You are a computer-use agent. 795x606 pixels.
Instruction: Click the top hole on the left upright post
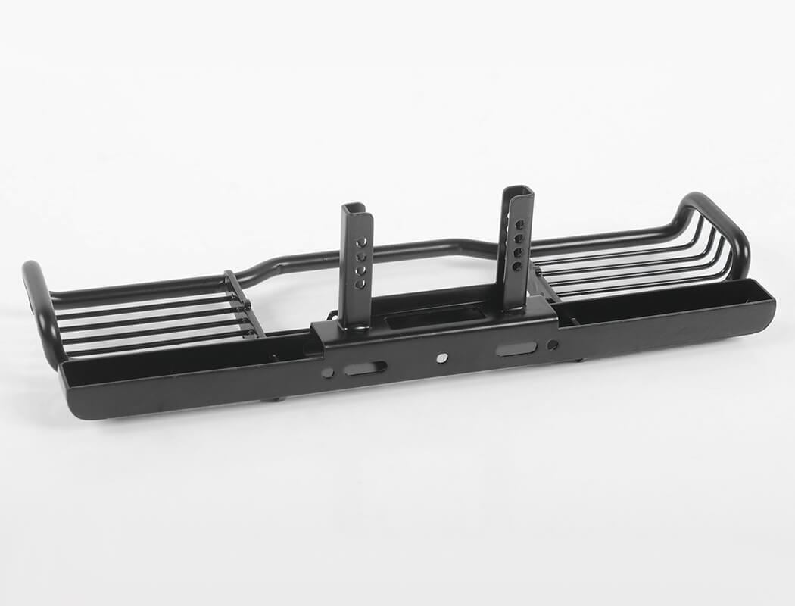(362, 242)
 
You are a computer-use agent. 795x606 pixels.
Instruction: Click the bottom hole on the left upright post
(360, 283)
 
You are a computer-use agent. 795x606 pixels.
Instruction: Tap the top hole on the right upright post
(519, 225)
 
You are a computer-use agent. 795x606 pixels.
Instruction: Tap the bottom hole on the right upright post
(516, 266)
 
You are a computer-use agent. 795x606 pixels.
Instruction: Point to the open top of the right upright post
(517, 190)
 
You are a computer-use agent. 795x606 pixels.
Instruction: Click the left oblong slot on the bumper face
(366, 368)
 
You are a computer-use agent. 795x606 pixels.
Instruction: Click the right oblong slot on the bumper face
(517, 348)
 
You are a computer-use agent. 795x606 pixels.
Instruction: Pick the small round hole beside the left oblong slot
(328, 373)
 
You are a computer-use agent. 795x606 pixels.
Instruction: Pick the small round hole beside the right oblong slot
(553, 345)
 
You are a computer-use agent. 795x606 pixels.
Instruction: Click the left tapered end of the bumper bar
(72, 394)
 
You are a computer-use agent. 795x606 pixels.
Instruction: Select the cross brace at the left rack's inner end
(244, 303)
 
